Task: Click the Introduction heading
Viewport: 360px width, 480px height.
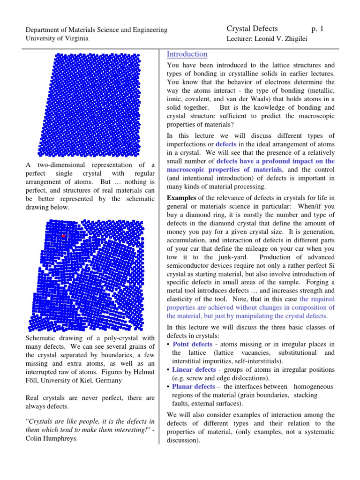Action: [x=187, y=54]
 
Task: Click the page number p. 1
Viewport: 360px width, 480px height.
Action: [x=317, y=29]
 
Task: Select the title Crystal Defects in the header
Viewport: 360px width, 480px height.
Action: [x=252, y=29]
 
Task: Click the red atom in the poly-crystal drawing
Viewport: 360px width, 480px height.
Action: [x=64, y=236]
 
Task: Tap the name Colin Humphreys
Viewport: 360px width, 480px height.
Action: [x=52, y=439]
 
